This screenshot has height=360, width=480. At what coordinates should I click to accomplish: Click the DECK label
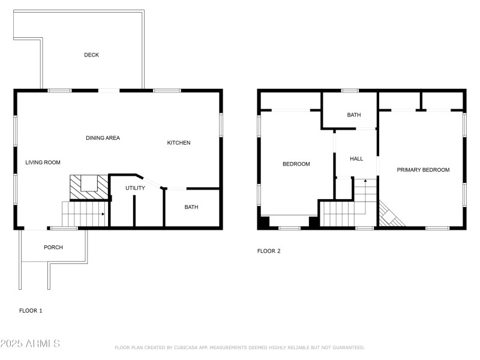(x=91, y=55)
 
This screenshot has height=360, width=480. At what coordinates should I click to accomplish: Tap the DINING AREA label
(x=103, y=138)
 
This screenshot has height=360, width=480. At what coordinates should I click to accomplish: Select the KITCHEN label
(x=178, y=143)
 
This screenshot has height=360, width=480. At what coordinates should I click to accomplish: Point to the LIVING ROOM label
(x=43, y=163)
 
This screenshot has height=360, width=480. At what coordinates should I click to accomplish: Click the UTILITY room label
(x=135, y=188)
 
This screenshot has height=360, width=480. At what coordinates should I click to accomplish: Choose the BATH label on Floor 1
(x=191, y=208)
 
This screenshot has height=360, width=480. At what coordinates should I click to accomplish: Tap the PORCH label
(x=53, y=247)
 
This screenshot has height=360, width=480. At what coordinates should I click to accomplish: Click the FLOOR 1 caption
(x=31, y=311)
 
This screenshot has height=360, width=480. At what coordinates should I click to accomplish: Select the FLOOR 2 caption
(x=269, y=251)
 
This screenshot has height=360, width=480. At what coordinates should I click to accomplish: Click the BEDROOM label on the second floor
(x=296, y=164)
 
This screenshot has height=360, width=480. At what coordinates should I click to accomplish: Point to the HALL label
(x=356, y=159)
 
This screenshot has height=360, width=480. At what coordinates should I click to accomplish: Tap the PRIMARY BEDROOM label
(x=423, y=170)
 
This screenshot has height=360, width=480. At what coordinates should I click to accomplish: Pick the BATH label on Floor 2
(x=354, y=115)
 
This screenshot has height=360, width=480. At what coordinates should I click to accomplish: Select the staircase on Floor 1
(x=84, y=214)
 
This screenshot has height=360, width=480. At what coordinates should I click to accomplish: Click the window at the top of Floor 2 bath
(x=350, y=91)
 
